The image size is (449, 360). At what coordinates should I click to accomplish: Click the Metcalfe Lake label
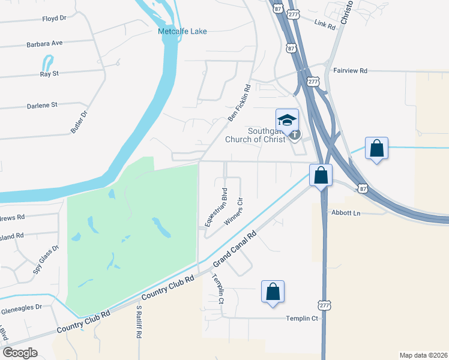pyautogui.click(x=182, y=31)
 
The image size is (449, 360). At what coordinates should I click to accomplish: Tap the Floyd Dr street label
pyautogui.click(x=54, y=19)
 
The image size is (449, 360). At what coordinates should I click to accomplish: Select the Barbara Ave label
pyautogui.click(x=44, y=44)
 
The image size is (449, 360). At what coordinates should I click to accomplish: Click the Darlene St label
pyautogui.click(x=41, y=105)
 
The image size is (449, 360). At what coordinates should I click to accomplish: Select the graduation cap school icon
pyautogui.click(x=287, y=118)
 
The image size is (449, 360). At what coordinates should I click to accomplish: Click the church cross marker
pyautogui.click(x=294, y=134)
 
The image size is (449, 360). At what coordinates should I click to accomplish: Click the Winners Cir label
pyautogui.click(x=233, y=211)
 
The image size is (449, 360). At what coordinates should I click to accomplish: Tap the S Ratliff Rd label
pyautogui.click(x=138, y=323)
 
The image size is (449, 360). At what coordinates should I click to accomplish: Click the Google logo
pyautogui.click(x=20, y=353)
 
